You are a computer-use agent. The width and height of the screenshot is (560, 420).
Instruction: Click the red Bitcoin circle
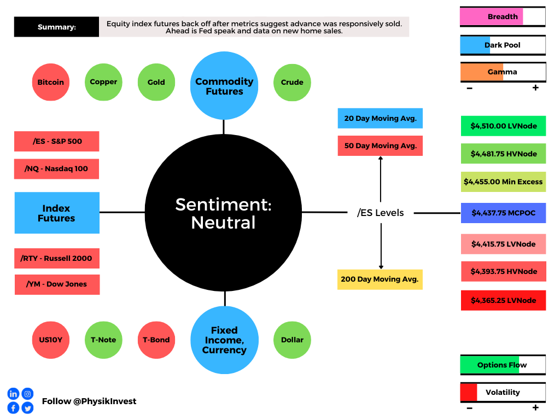tap(51, 82)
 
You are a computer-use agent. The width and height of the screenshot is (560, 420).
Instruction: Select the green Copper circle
tap(103, 82)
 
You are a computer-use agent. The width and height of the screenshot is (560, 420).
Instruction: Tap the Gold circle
tap(156, 82)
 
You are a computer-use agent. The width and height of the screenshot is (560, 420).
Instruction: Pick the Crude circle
tap(292, 83)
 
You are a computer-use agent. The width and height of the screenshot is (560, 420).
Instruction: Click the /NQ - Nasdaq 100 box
tap(56, 169)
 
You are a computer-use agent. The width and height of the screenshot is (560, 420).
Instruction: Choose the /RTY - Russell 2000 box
tap(57, 258)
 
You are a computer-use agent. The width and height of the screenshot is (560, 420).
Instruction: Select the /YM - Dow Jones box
tap(57, 284)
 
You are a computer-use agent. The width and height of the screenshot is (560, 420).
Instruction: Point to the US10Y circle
tap(51, 340)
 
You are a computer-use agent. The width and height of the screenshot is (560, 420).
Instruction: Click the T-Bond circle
tap(156, 340)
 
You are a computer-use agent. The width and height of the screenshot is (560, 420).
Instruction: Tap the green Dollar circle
tap(292, 340)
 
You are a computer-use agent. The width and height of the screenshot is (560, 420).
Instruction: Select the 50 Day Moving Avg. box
tap(381, 145)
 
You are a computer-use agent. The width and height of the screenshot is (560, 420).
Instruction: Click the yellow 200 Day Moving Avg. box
tap(380, 279)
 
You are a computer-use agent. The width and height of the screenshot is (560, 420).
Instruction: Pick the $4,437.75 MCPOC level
tap(504, 213)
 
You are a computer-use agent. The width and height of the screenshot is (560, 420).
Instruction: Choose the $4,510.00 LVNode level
tap(504, 126)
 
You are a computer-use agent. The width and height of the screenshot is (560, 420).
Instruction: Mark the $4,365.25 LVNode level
tap(504, 300)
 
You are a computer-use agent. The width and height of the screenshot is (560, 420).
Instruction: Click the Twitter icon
tap(27, 407)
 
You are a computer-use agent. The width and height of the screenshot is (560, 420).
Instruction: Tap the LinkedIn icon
tap(13, 394)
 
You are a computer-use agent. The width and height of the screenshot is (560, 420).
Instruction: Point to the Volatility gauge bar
tap(503, 392)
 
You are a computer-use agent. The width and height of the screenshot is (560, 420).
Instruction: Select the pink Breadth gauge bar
tap(503, 16)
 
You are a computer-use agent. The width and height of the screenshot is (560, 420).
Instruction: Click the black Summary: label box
tap(56, 27)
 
